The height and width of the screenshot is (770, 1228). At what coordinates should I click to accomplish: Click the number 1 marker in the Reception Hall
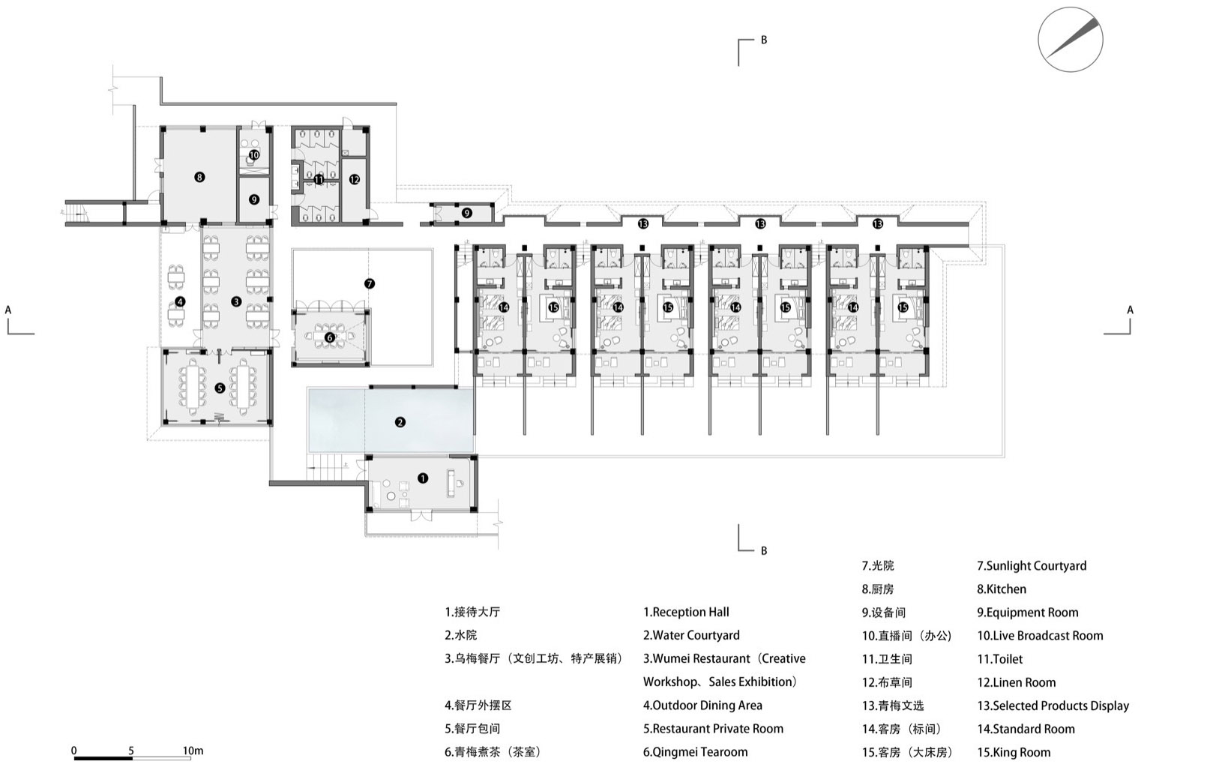pos(422,478)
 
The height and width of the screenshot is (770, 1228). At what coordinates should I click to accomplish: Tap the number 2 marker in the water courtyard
pos(400,422)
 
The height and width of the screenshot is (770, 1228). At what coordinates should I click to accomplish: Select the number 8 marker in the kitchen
pos(199,177)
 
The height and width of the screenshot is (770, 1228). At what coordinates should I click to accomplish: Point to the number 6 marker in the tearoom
pos(329,337)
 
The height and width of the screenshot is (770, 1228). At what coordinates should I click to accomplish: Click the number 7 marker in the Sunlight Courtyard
pos(369,283)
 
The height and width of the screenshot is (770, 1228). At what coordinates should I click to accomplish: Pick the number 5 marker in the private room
pos(220,388)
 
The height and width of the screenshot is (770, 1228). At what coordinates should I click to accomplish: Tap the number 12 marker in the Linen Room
pos(354,179)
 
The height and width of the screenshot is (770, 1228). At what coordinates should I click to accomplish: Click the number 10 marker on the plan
pos(254,155)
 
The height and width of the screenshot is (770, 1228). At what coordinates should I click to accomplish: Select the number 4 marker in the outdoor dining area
pos(179,301)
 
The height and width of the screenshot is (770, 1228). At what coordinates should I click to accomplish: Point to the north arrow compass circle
pos(1070,40)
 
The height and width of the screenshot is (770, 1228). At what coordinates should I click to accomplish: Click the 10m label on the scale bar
pos(193,751)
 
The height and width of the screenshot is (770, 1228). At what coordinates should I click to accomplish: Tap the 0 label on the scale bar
pos(74,751)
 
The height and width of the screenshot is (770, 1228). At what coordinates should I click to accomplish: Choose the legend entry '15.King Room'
pos(1014,752)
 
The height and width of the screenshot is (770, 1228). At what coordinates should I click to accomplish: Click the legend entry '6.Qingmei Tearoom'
pos(695,752)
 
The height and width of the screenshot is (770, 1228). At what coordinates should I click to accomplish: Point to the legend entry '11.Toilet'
pos(999,659)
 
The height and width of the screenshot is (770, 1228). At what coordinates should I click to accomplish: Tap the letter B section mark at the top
pos(764,40)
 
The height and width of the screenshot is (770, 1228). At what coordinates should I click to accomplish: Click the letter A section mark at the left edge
pos(8,309)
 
